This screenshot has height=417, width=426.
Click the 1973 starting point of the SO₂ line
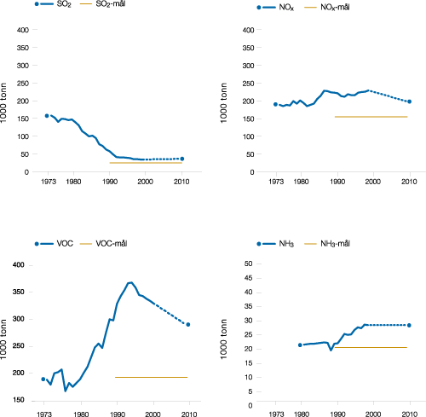pyautogui.click(x=46, y=116)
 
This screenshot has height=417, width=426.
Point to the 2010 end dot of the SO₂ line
pyautogui.click(x=181, y=159)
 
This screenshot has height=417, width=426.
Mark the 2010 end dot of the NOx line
pyautogui.click(x=409, y=101)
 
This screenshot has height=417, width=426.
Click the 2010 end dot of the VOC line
pyautogui.click(x=187, y=324)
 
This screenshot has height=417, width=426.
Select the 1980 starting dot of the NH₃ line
pyautogui.click(x=300, y=345)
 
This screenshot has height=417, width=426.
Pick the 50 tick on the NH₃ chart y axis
pyautogui.click(x=250, y=264)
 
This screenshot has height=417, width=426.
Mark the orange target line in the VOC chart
pyautogui.click(x=151, y=377)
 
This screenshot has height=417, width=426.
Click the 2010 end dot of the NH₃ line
pyautogui.click(x=409, y=325)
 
